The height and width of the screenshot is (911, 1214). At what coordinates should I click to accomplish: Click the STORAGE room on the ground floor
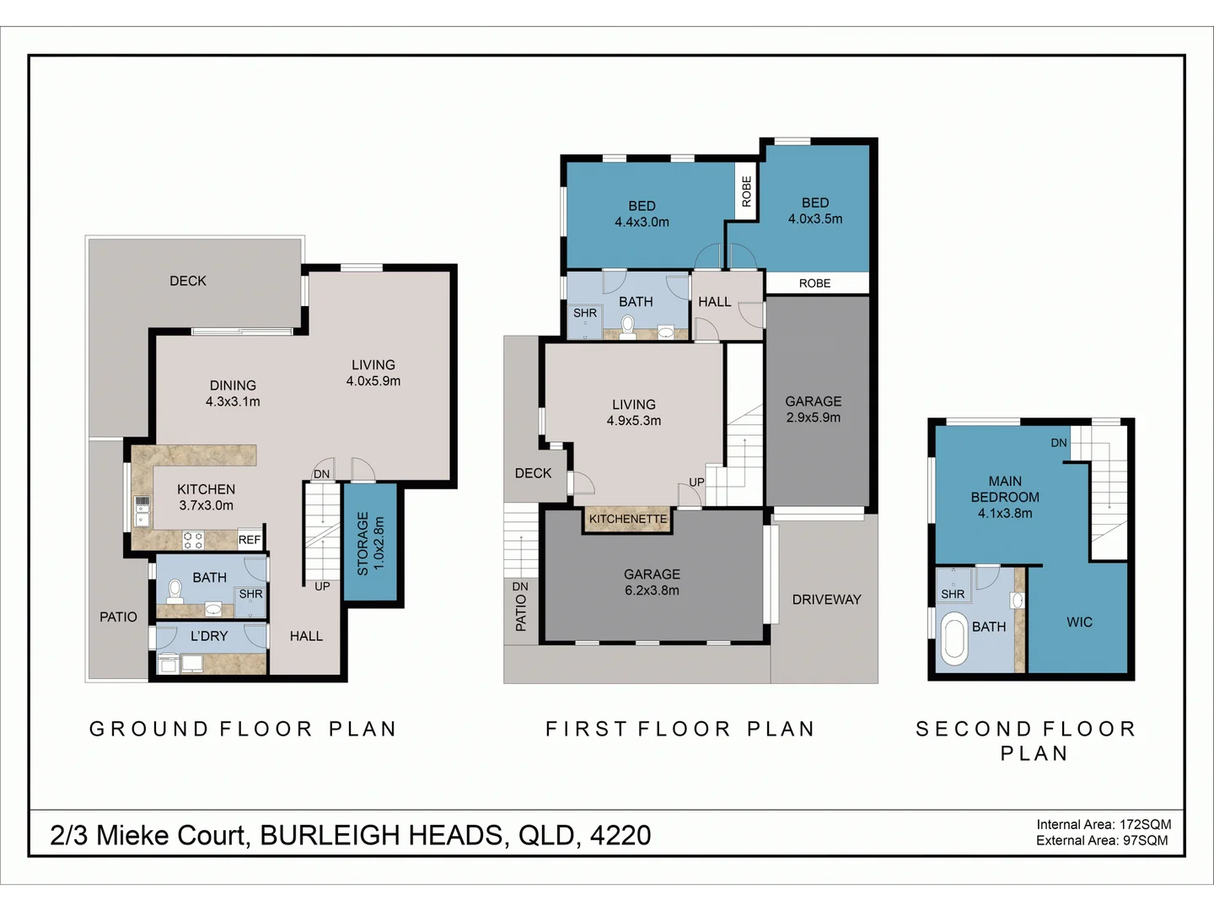[370, 543]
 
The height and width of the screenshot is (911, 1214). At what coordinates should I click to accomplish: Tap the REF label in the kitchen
[250, 540]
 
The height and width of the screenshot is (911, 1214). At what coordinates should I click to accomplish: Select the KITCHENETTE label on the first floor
[628, 519]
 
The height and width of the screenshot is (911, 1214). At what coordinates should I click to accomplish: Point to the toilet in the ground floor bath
[175, 590]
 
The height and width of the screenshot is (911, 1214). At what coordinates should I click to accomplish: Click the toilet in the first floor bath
[627, 326]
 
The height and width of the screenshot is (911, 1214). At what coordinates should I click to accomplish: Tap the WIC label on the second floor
[1079, 623]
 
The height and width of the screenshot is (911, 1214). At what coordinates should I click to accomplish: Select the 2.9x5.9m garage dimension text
[814, 418]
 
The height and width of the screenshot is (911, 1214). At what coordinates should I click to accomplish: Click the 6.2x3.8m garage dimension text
[652, 590]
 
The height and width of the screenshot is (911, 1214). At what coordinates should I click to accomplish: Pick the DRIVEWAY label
[826, 600]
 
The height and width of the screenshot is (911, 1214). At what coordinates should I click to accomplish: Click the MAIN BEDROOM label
[1005, 489]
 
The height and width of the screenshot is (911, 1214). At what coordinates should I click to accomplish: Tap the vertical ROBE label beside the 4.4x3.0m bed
[747, 191]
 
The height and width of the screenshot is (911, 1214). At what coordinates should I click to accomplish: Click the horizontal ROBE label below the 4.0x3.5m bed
[814, 283]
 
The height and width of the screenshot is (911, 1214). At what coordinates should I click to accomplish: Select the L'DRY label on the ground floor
[209, 636]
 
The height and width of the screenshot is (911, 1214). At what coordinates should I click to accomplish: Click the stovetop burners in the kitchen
[193, 540]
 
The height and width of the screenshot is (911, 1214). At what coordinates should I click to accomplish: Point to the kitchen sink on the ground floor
[142, 506]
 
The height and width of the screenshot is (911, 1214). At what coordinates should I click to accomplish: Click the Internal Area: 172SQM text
[1104, 824]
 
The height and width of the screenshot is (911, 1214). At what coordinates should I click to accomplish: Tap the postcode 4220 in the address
[620, 835]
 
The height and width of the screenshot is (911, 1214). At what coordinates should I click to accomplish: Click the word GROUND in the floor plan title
[149, 729]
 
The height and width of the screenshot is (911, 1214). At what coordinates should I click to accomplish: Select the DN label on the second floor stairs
[1059, 443]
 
